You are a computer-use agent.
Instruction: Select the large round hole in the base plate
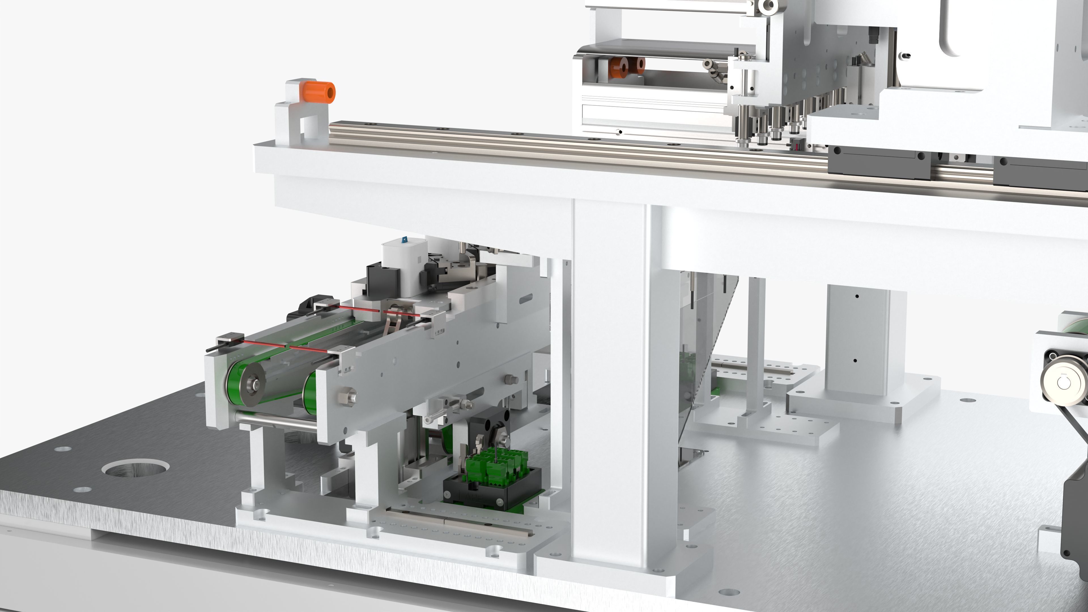(136, 467)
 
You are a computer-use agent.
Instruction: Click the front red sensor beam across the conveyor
(287, 345)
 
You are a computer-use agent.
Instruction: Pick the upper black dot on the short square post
(857, 296)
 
